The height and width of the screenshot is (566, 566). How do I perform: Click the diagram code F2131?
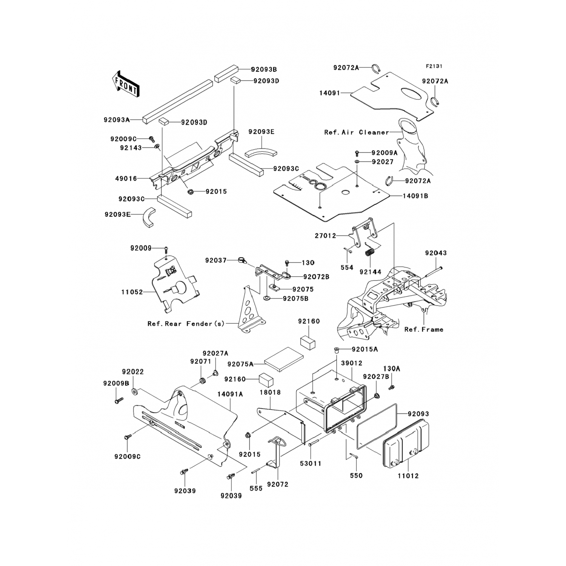(434, 66)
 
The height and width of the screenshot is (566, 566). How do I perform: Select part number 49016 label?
(126, 178)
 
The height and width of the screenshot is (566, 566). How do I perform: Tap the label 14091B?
(415, 196)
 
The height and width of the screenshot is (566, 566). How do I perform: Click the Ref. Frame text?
(424, 329)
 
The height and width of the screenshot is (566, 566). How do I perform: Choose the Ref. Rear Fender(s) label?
(186, 324)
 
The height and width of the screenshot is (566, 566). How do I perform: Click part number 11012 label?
(408, 476)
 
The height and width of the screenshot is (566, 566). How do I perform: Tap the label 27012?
(325, 236)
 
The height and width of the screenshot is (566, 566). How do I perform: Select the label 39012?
(351, 363)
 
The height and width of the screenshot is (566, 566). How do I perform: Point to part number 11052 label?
(132, 292)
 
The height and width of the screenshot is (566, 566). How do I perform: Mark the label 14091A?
(230, 394)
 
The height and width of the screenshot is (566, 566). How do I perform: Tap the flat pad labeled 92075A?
(284, 360)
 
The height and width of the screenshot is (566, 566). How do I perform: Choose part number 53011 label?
(311, 463)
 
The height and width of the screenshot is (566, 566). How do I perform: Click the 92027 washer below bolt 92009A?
(357, 162)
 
